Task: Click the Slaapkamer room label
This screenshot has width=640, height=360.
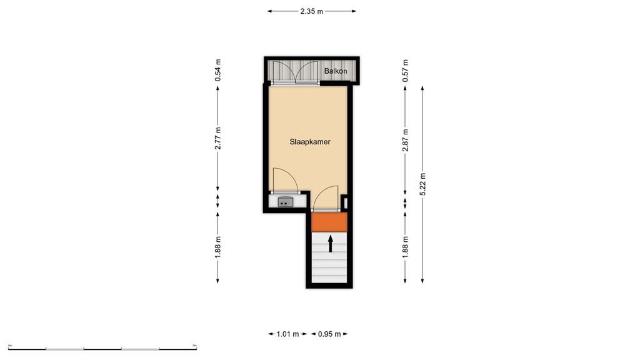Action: pos(309,142)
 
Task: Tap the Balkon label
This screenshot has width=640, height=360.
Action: pos(336,71)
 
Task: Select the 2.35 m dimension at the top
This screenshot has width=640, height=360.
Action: pos(311,11)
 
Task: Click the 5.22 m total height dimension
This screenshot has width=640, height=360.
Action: pos(424,184)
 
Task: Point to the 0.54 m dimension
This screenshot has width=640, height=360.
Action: pos(217,70)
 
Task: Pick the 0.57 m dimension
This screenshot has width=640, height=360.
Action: pos(405,70)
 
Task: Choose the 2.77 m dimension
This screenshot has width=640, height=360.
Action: pos(217,138)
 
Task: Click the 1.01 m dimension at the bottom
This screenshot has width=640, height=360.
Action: pos(287,334)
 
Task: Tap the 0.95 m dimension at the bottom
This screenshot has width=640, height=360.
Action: pos(329,334)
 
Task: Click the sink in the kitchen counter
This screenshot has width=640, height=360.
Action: pos(286,201)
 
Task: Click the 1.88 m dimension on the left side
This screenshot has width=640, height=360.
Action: pos(217,247)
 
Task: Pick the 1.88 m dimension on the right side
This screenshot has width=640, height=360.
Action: pos(405,247)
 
